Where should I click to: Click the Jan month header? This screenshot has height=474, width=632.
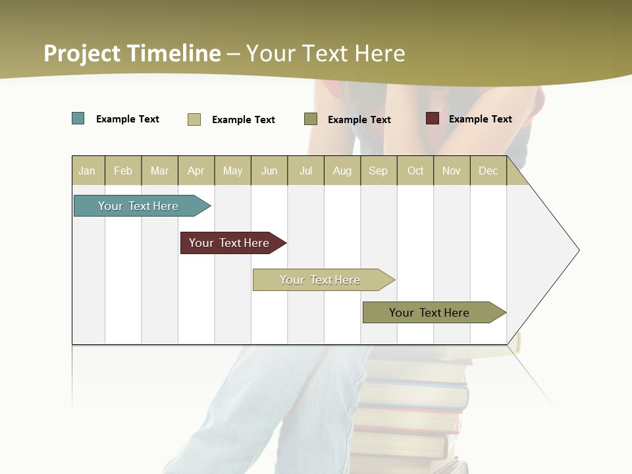point(87,171)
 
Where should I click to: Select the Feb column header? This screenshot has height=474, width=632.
point(123,171)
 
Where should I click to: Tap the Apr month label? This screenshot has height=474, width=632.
point(196,171)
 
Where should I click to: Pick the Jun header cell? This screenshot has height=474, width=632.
point(269,171)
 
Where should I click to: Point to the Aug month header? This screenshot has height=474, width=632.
point(342,171)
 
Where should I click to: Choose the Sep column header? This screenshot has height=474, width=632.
point(379,171)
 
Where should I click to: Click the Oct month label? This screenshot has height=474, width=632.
point(415,171)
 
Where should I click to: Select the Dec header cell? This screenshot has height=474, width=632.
point(488,171)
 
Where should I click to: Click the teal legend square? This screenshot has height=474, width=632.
point(78,118)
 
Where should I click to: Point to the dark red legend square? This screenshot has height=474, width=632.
point(433,118)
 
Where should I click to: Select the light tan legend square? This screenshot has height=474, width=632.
point(194,119)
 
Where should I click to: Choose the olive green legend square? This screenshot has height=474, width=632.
point(311,119)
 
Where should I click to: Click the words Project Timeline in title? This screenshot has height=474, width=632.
point(132,53)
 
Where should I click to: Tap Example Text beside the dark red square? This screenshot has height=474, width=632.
point(481,119)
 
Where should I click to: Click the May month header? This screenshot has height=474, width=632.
point(232,171)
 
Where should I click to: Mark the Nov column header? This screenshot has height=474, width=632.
point(452,171)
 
